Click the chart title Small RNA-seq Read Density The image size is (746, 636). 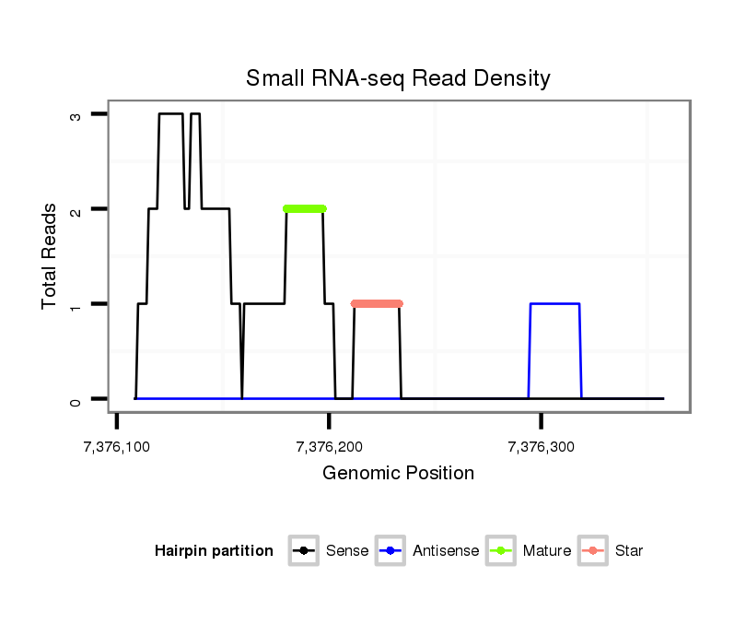(398, 78)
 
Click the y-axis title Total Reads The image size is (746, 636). (52, 256)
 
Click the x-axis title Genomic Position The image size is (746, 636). (398, 474)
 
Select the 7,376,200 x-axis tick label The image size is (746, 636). (329, 447)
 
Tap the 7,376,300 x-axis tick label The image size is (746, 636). (542, 447)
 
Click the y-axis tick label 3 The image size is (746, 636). (76, 114)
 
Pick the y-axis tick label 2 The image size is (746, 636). (76, 209)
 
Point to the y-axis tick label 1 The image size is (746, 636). (76, 304)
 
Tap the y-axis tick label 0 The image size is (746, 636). (76, 399)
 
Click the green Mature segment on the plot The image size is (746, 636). (305, 208)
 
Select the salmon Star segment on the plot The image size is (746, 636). (377, 303)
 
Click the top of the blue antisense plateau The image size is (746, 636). (554, 303)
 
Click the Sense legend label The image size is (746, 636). (347, 551)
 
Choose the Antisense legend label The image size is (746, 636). (446, 551)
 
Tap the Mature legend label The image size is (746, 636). (546, 551)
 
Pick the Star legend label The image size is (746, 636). (629, 551)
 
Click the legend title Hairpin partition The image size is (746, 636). (214, 551)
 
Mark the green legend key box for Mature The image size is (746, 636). (502, 551)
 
